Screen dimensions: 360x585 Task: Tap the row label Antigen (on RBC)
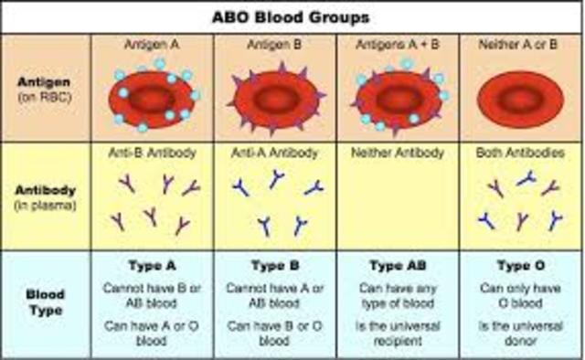tap(46, 89)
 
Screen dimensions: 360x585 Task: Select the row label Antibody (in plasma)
tap(46, 196)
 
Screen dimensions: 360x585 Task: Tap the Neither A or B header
tap(521, 44)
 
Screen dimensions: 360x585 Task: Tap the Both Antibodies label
tap(521, 153)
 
